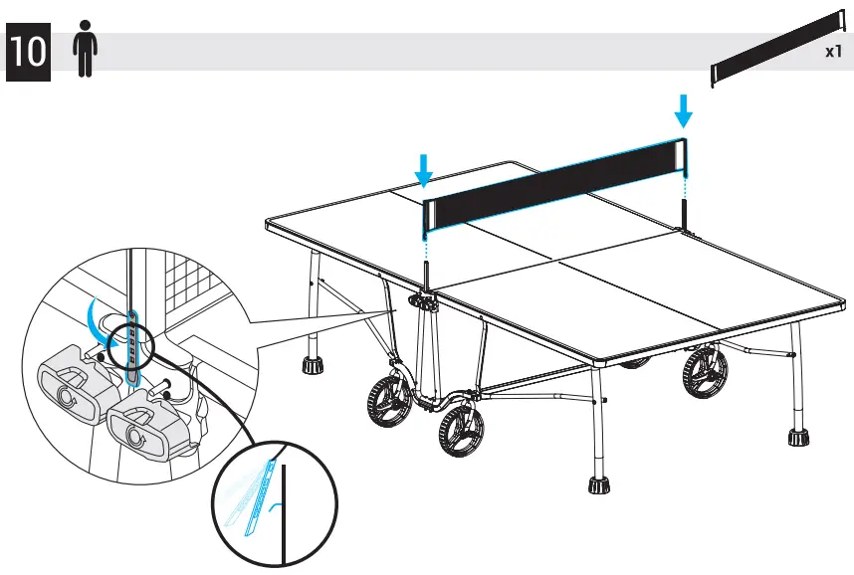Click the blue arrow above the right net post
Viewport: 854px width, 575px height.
(683, 110)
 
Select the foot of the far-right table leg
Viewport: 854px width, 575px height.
(797, 437)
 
